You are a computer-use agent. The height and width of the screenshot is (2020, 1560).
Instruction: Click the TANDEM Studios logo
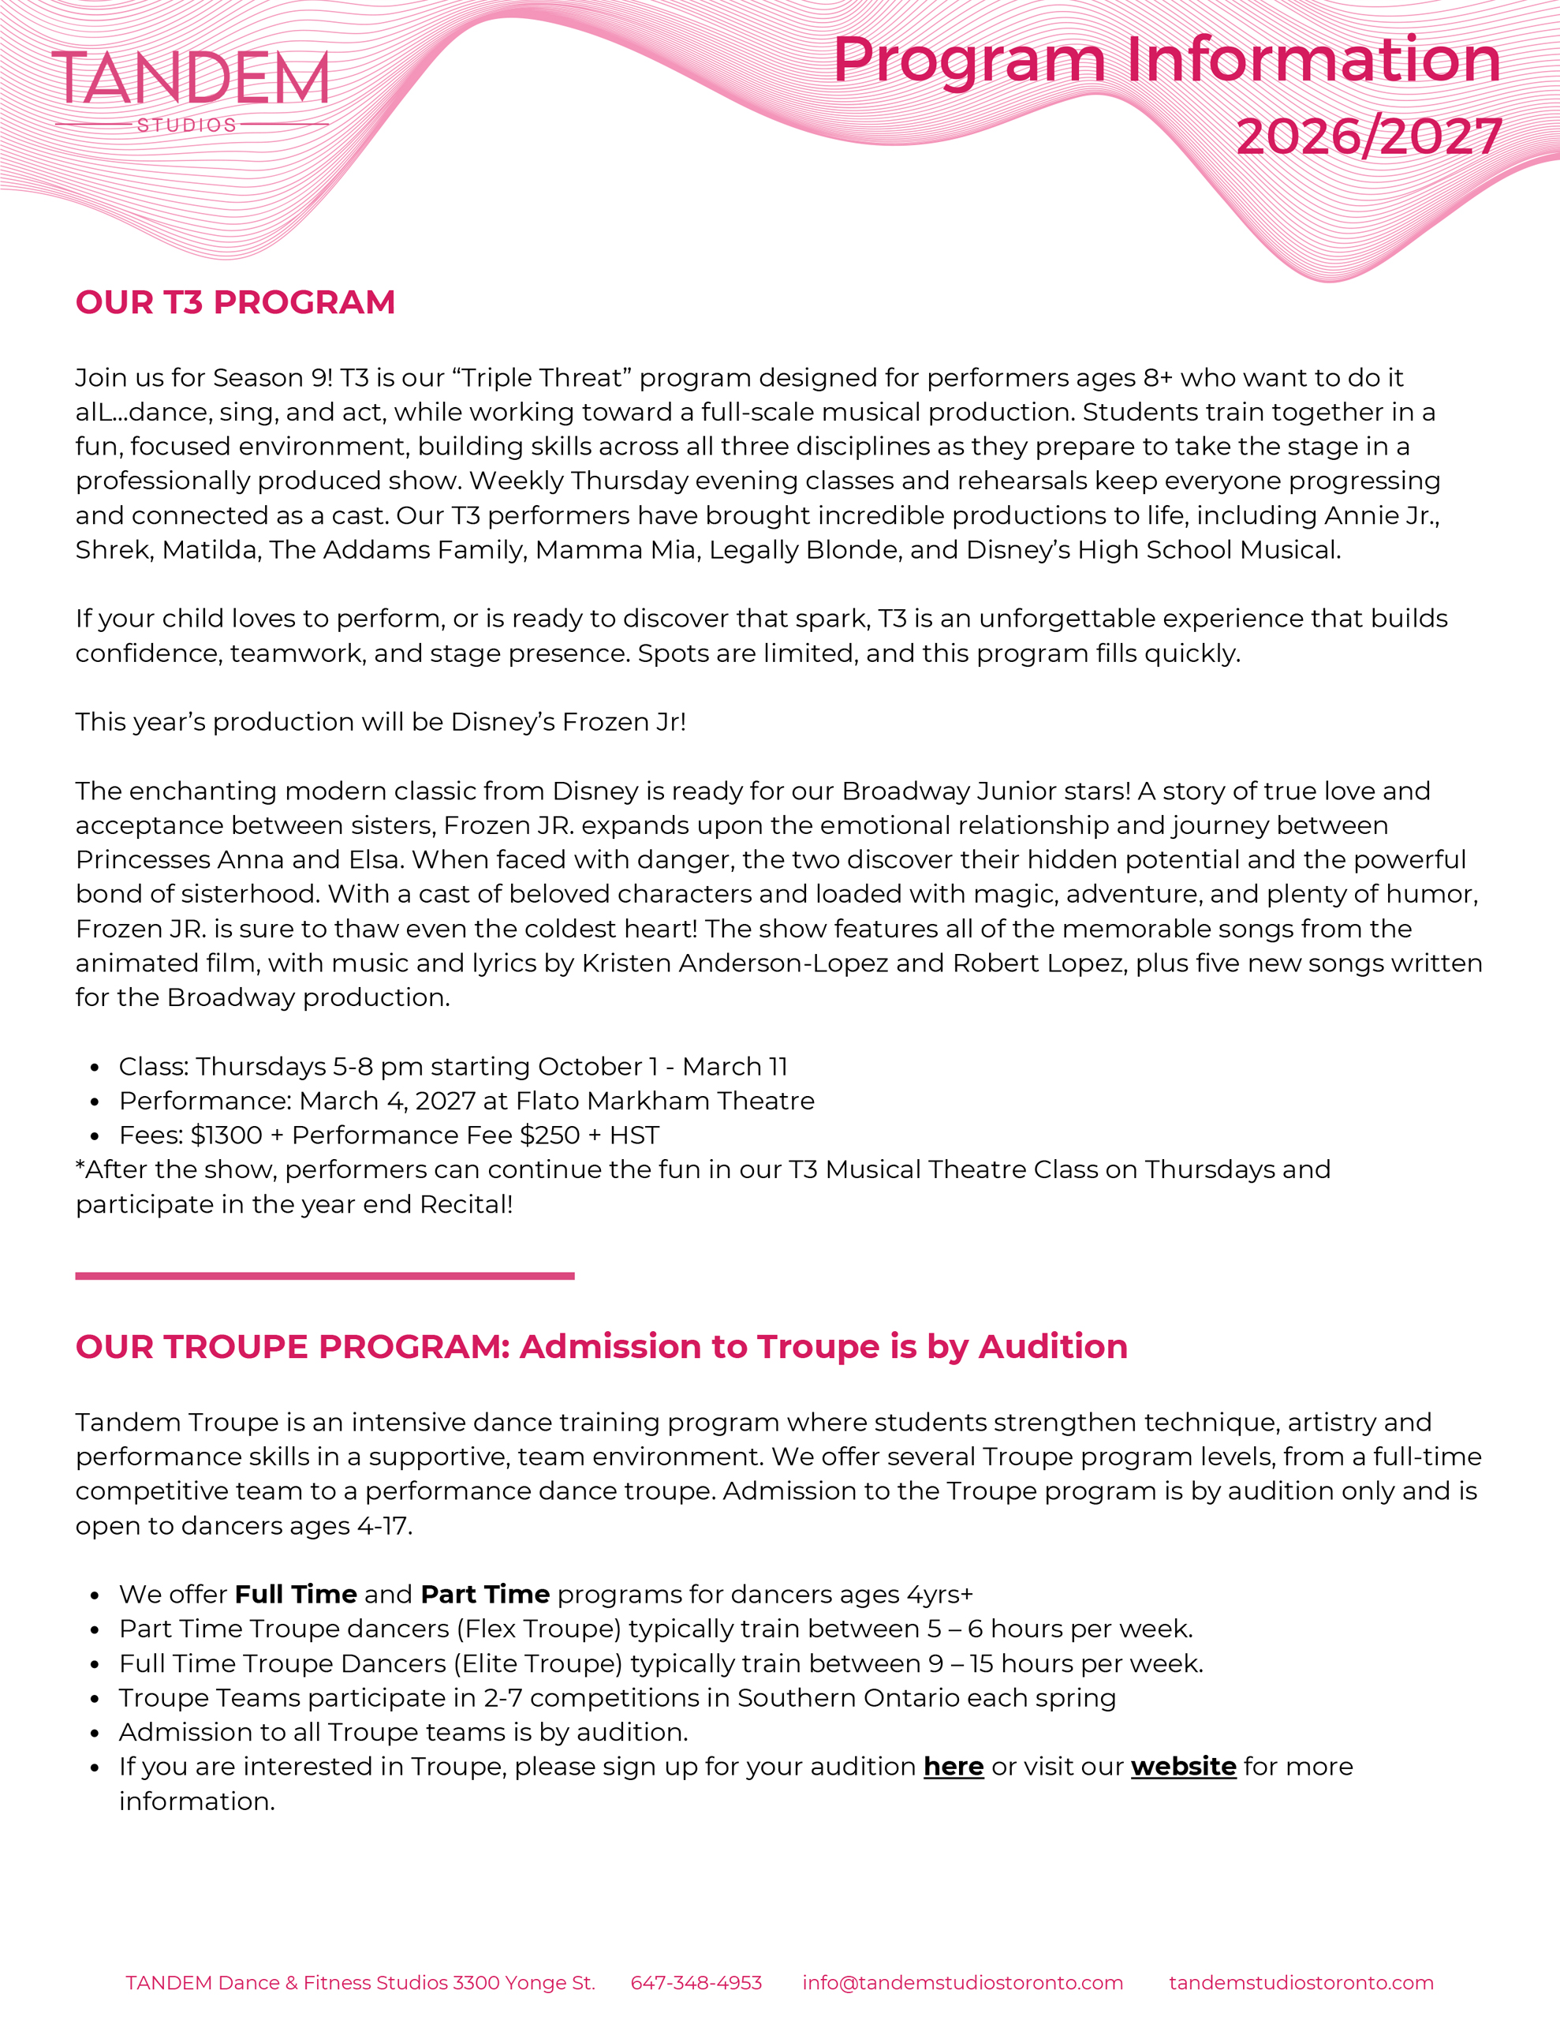click(191, 90)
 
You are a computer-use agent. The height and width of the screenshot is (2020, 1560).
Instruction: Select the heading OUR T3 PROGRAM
click(235, 302)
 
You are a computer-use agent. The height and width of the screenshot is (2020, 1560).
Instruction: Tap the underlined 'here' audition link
click(953, 1767)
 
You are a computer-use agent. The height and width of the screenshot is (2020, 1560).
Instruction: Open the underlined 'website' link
click(1183, 1767)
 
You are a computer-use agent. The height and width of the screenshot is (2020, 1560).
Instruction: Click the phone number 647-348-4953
click(696, 1983)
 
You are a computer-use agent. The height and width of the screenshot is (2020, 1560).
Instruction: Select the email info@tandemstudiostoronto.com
click(963, 1983)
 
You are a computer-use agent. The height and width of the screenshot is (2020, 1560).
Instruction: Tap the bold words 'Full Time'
click(296, 1595)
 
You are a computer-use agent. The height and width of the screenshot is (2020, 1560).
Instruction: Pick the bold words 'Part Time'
click(484, 1595)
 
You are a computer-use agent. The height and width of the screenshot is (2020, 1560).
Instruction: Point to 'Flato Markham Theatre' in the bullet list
click(665, 1101)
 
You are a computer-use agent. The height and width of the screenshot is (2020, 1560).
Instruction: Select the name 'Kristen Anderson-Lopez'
click(734, 963)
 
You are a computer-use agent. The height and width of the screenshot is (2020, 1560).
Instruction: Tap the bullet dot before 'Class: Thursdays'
click(95, 1068)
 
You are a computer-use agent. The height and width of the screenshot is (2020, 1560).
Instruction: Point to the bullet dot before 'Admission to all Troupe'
click(95, 1734)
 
